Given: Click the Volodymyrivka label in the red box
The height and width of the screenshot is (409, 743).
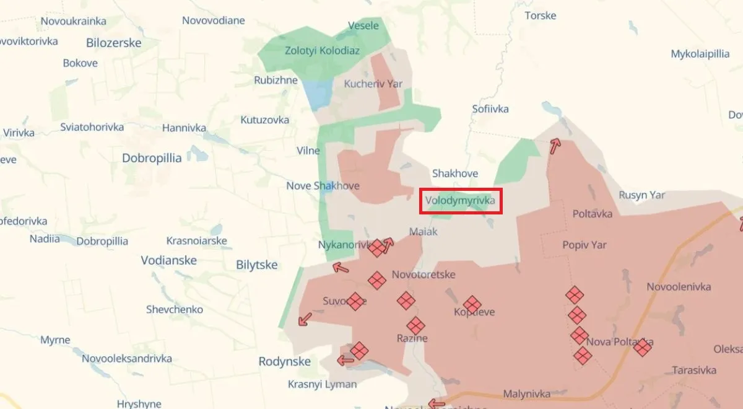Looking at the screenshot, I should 460,201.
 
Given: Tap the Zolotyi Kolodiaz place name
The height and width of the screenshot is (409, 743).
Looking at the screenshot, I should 322,51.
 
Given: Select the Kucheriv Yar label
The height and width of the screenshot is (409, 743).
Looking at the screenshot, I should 373,84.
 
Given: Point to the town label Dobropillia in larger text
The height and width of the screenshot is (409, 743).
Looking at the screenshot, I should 152,158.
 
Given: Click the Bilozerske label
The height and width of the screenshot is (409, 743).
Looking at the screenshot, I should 114,43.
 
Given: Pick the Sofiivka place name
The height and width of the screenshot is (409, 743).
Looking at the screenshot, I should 490,109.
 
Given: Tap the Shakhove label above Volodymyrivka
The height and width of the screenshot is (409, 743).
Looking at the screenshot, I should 455,174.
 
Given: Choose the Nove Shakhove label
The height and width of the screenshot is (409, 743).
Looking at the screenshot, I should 323,186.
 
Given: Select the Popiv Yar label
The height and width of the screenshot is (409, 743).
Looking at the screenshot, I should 584,245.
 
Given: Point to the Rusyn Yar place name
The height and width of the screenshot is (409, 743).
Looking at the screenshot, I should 642,195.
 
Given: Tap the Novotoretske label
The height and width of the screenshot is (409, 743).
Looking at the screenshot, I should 424,275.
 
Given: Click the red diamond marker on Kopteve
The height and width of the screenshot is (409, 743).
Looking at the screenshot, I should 472,305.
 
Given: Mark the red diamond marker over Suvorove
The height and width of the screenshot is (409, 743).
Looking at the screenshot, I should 355,301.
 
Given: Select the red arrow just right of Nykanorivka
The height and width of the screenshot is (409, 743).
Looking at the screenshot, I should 388,245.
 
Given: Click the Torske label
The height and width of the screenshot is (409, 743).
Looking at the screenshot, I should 541,15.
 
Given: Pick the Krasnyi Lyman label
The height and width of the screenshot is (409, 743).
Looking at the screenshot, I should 322,384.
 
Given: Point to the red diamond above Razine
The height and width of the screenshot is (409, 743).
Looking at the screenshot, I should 415,325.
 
